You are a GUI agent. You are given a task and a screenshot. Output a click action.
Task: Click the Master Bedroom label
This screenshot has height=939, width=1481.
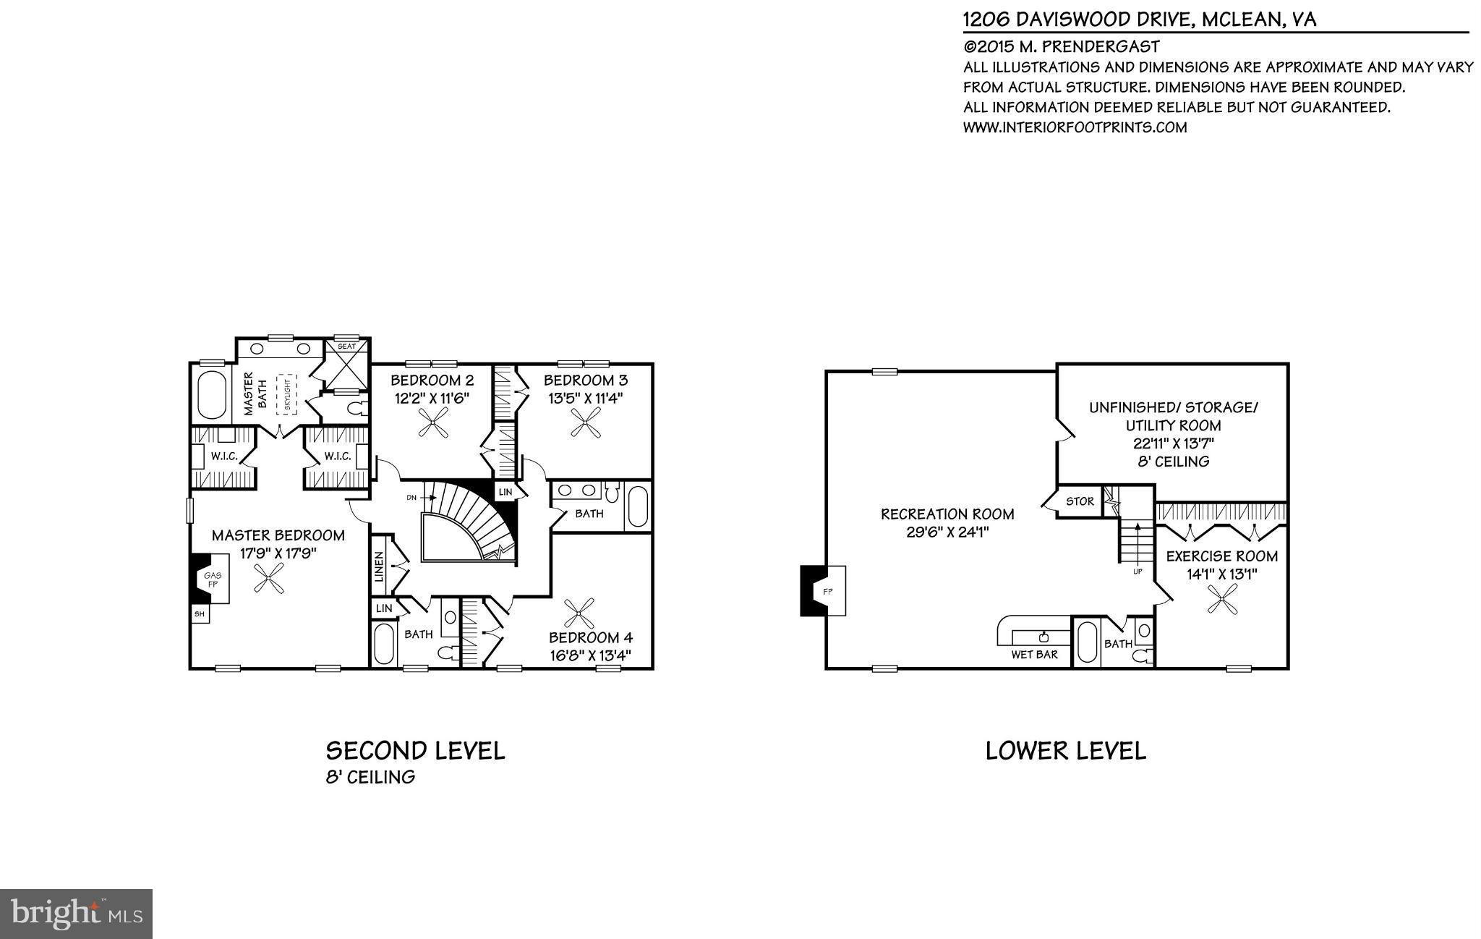coord(278,536)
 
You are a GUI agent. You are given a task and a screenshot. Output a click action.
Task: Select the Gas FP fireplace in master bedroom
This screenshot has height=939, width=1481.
coord(212,579)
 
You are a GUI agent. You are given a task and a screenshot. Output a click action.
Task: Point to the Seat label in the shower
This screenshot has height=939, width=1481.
coord(346,347)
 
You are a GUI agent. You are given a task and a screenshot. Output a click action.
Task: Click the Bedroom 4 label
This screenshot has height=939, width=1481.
coord(590,637)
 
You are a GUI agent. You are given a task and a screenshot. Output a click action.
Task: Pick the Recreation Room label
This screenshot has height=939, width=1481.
coord(947,514)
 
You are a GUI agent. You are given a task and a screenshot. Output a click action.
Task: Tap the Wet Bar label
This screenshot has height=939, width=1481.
coord(1034,655)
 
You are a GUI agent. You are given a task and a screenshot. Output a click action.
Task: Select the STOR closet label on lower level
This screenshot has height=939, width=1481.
coord(1080,501)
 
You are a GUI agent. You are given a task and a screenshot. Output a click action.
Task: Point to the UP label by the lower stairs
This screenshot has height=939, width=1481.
coord(1138,572)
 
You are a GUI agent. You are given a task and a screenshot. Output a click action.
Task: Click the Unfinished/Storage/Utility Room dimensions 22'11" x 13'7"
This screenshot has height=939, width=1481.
coord(1172,443)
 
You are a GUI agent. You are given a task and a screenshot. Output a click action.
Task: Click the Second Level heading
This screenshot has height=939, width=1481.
coord(415,751)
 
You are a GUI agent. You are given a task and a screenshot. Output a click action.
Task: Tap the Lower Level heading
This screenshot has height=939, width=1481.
coord(1065,751)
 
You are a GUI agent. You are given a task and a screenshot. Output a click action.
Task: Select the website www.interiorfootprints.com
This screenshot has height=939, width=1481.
coord(1075,127)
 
